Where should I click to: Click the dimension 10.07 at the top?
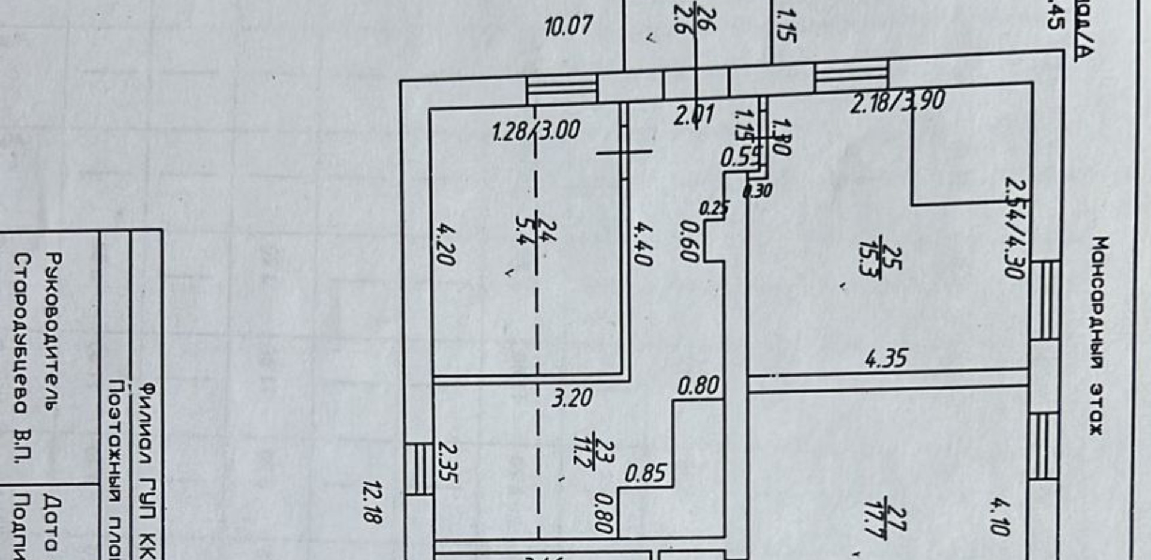point(568,26)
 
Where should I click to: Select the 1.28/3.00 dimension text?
point(535,131)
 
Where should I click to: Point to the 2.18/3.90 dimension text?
point(897,101)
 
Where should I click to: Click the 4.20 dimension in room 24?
point(446,245)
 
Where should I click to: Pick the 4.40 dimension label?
point(642,243)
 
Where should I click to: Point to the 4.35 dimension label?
point(886,359)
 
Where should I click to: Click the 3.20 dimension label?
point(572,398)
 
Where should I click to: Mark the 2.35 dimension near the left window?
point(448,462)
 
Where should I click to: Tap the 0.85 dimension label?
point(645,474)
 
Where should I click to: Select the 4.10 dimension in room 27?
point(1000,517)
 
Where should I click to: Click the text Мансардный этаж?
point(1098,336)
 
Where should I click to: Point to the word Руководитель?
point(53,331)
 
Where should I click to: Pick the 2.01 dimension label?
point(694,115)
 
